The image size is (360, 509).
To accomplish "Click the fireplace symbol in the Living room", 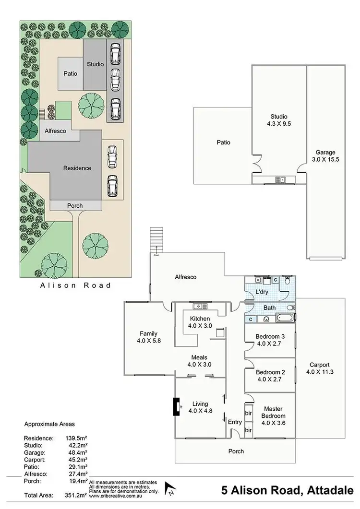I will [176, 406].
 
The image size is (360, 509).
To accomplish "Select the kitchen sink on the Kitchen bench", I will [200, 306].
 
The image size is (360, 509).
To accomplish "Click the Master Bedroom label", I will [273, 415].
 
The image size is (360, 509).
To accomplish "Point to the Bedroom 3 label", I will [270, 340].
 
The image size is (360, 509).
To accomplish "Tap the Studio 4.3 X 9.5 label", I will [278, 120].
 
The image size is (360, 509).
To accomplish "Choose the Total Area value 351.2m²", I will [76, 495].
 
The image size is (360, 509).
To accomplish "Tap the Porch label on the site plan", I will [75, 206].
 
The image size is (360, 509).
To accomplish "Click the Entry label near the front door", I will [235, 422].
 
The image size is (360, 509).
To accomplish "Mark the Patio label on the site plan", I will [71, 74].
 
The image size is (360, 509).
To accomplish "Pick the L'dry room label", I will [261, 292].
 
